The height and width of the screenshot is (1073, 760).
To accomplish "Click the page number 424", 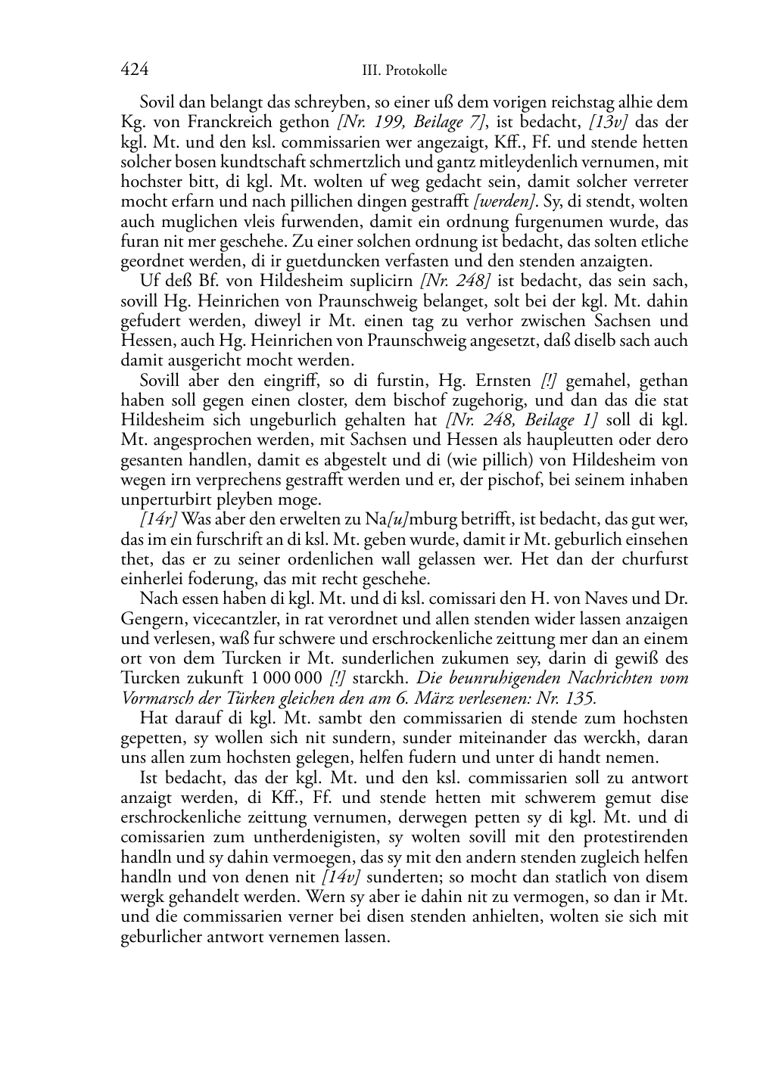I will [134, 70].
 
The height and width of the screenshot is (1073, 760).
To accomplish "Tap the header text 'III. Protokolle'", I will [404, 71].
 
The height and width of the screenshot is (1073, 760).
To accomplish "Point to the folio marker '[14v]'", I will [341, 878].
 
